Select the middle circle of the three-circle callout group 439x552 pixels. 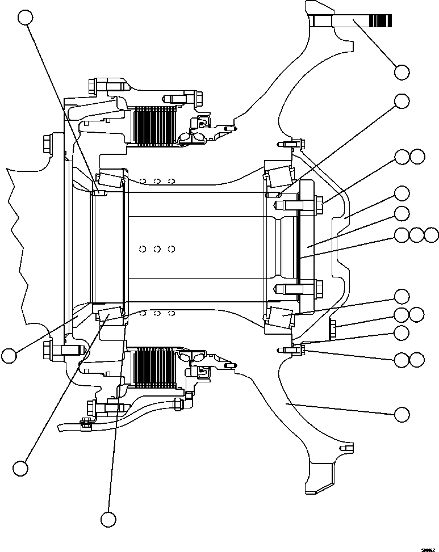click(417, 235)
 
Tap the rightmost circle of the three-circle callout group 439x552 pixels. click(432, 235)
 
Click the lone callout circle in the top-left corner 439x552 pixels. click(25, 18)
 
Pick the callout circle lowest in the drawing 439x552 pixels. click(108, 519)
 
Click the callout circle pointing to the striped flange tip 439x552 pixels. click(402, 72)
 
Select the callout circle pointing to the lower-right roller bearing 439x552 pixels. click(402, 296)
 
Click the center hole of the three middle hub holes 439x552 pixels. click(157, 248)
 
